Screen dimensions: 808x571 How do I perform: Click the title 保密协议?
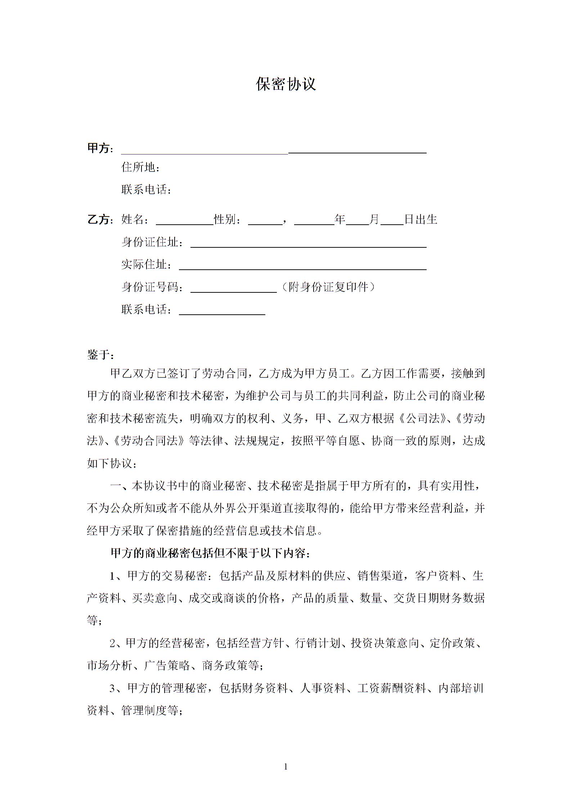click(x=286, y=84)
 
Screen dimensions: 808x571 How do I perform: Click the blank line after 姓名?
click(x=184, y=223)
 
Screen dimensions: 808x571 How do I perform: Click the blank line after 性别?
click(x=265, y=223)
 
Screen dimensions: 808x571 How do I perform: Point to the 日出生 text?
click(x=421, y=219)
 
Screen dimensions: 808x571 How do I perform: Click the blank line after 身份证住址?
click(x=308, y=246)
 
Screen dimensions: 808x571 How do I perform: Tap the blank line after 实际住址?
click(x=302, y=268)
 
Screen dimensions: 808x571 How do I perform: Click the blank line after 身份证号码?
click(x=233, y=291)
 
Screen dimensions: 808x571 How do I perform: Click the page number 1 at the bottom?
click(x=286, y=767)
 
